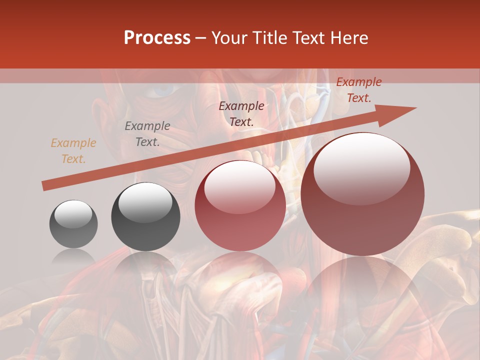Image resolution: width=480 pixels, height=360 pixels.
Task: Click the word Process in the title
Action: pyautogui.click(x=157, y=38)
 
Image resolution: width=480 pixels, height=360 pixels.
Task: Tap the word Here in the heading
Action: pyautogui.click(x=348, y=38)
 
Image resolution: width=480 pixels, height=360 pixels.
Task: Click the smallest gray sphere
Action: pyautogui.click(x=73, y=224)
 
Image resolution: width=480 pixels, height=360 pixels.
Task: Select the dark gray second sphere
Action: pyautogui.click(x=145, y=217)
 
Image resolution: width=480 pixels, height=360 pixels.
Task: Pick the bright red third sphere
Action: pyautogui.click(x=240, y=205)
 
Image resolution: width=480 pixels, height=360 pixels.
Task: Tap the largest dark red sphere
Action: pyautogui.click(x=362, y=194)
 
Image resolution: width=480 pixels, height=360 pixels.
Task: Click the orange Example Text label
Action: pyautogui.click(x=73, y=151)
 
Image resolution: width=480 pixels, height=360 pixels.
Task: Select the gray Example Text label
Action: pyautogui.click(x=147, y=134)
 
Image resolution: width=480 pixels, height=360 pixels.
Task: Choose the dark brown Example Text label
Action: pyautogui.click(x=241, y=113)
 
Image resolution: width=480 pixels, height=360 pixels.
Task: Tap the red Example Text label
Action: pyautogui.click(x=358, y=90)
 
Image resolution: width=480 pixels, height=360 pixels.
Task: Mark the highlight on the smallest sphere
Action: pyautogui.click(x=73, y=214)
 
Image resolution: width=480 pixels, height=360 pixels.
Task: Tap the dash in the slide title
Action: pyautogui.click(x=200, y=38)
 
